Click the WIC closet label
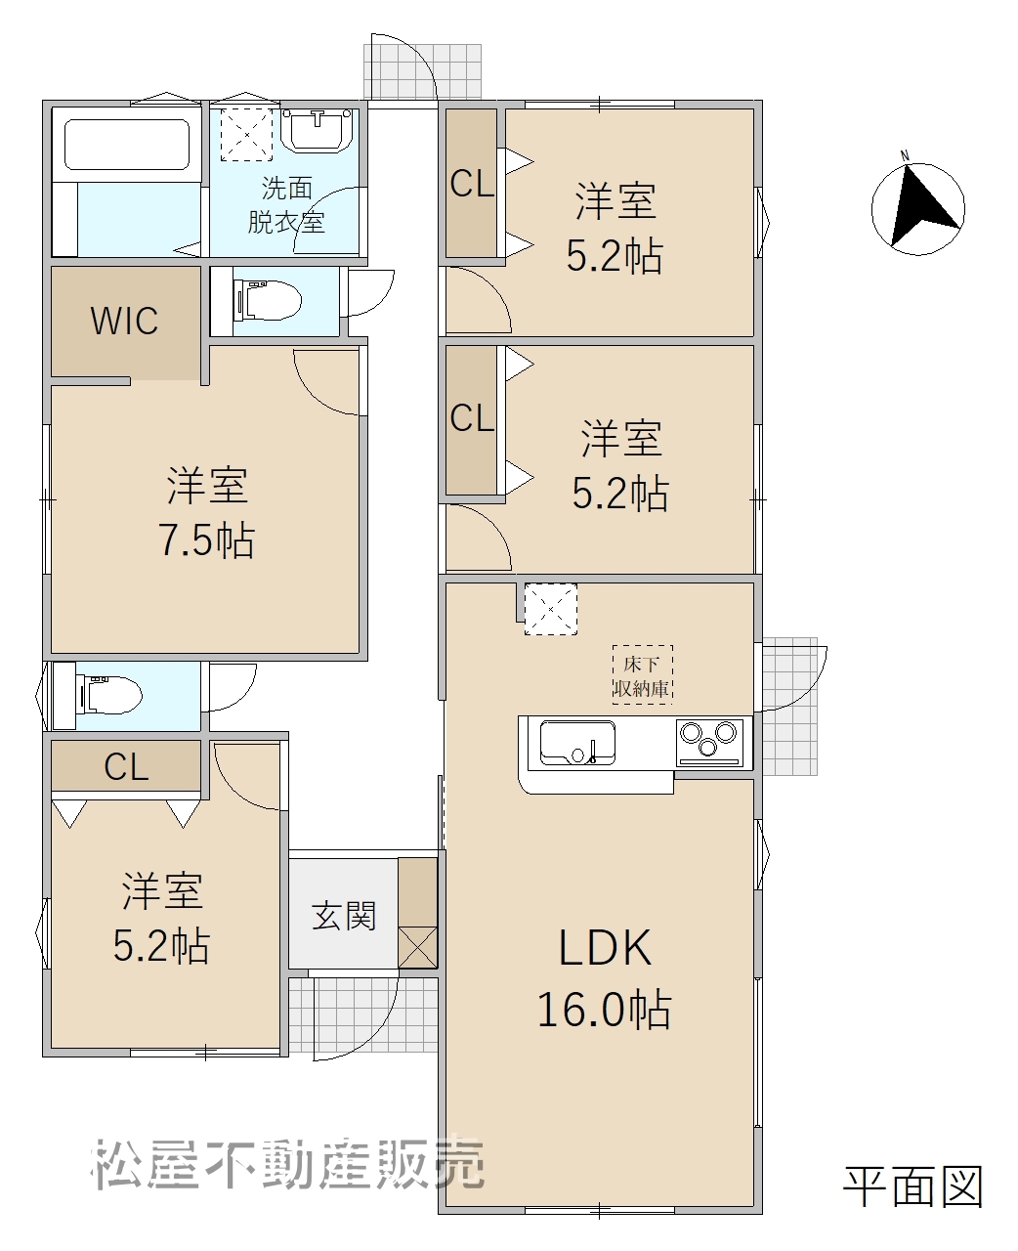pyautogui.click(x=124, y=321)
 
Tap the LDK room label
pyautogui.click(x=605, y=948)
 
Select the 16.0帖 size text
pyautogui.click(x=604, y=1010)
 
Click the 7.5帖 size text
pyautogui.click(x=207, y=539)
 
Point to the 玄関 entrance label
pyautogui.click(x=344, y=916)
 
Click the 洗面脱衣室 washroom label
pyautogui.click(x=286, y=205)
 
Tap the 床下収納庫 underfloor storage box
pyautogui.click(x=642, y=674)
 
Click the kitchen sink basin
pyautogui.click(x=577, y=743)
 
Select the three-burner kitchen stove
pyautogui.click(x=709, y=743)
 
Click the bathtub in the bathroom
pyautogui.click(x=127, y=145)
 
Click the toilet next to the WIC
pyautogui.click(x=267, y=301)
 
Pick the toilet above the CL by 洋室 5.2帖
pyautogui.click(x=108, y=696)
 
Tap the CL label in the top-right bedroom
pyautogui.click(x=472, y=184)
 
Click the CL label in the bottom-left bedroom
pyautogui.click(x=126, y=767)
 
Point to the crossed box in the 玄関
pyautogui.click(x=417, y=947)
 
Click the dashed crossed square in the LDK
pyautogui.click(x=551, y=609)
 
